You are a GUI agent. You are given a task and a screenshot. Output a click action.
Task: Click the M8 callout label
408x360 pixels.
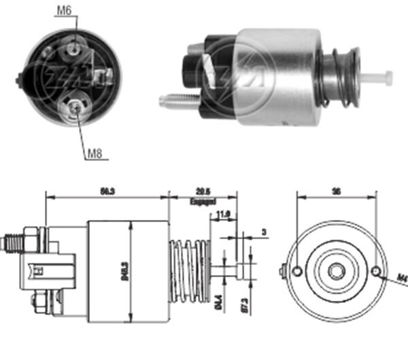(94, 153)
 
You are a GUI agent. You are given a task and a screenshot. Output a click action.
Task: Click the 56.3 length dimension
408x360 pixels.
(106, 192)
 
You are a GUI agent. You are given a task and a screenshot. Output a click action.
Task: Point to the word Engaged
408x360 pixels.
(203, 202)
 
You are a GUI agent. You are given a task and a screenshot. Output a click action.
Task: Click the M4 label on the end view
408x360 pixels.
(401, 276)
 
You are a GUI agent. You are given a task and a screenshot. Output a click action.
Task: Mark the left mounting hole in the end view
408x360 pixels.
(297, 272)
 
